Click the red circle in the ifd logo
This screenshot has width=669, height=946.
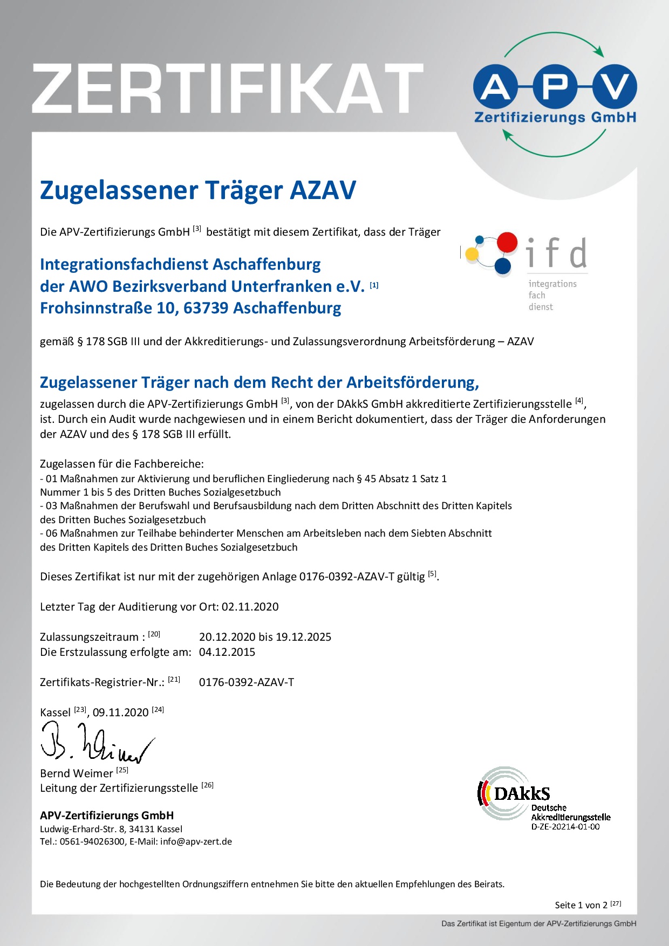507,243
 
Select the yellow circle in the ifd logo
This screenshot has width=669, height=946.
472,254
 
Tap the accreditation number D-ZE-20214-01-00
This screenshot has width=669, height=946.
565,827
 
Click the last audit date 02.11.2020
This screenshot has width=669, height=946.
250,607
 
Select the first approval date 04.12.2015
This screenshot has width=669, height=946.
227,652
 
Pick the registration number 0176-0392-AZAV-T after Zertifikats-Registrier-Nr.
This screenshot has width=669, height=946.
247,682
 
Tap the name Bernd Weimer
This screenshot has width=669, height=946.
77,773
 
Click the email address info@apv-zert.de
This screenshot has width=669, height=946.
196,841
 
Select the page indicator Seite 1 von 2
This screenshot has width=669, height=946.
581,905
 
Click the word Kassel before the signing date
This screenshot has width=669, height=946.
55,712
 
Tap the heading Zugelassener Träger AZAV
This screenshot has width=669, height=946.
198,190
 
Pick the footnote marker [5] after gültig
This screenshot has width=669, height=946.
432,574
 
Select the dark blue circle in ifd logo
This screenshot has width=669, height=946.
503,266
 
